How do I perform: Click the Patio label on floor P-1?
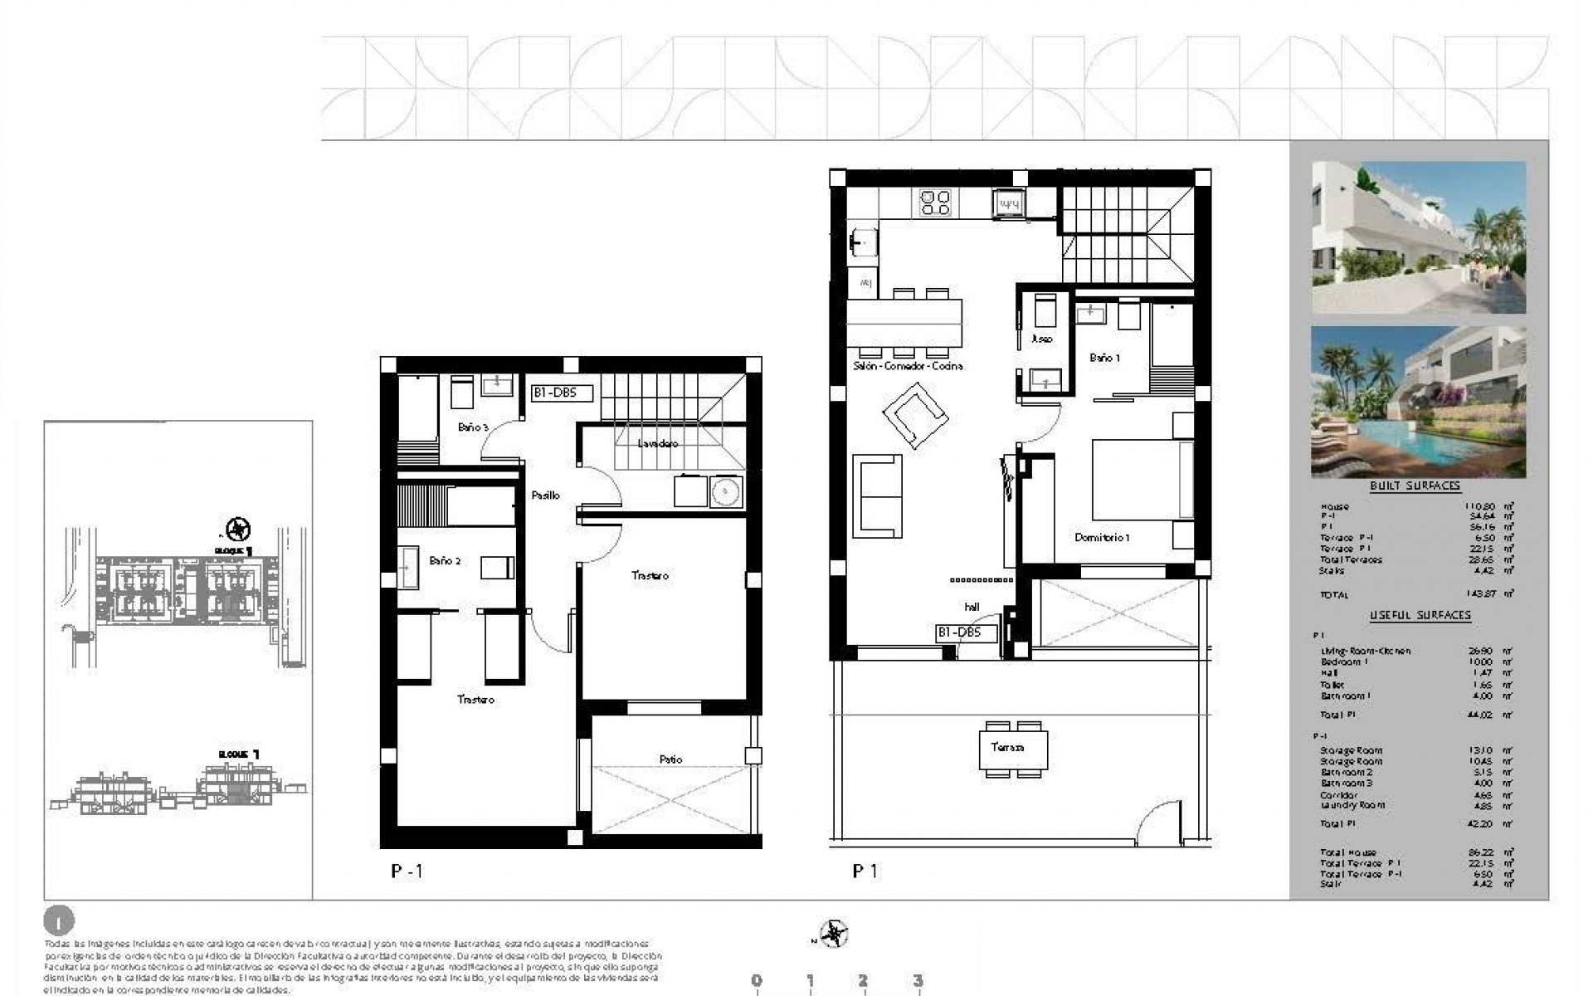(670, 759)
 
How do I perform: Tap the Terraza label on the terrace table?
(1006, 747)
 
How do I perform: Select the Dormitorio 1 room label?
(1102, 537)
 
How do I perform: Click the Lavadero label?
(658, 443)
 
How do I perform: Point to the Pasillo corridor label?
(545, 495)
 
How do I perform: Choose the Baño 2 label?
(445, 561)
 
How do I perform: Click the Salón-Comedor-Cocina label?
(907, 365)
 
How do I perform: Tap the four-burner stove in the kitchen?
(935, 203)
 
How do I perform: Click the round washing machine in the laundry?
(725, 491)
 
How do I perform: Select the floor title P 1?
(865, 871)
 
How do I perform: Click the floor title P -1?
(407, 871)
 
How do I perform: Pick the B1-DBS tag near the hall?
(959, 632)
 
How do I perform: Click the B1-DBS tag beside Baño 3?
(562, 393)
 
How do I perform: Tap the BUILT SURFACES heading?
(1415, 486)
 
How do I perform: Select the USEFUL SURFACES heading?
(1420, 615)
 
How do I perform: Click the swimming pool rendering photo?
(1418, 402)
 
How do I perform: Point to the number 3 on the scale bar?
(918, 981)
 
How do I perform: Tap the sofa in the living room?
(877, 495)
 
